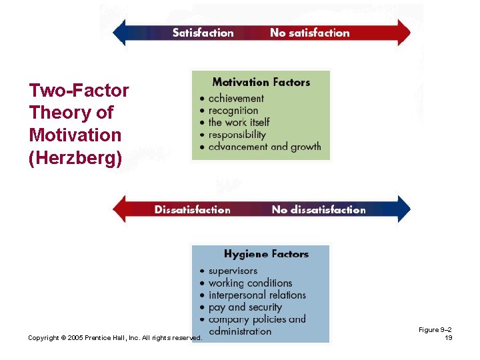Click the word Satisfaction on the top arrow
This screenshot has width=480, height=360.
203,33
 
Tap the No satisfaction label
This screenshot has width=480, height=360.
309,33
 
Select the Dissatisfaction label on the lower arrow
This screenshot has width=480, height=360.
192,209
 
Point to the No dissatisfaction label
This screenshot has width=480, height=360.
319,209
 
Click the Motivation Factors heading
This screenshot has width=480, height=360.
261,83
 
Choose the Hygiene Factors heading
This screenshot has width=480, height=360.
266,254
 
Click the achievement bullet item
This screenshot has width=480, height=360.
236,98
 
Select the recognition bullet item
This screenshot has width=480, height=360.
233,110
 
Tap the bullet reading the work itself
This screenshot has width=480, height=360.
239,122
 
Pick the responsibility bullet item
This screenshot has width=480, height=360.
237,134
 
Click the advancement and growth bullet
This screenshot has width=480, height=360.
264,146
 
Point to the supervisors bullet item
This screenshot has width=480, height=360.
233,271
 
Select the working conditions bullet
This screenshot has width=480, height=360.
250,283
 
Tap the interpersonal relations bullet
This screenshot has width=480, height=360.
257,295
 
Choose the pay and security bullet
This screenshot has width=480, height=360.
245,307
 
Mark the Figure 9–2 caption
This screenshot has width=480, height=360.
435,330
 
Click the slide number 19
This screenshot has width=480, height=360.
448,338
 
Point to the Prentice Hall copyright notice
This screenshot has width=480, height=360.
115,338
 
